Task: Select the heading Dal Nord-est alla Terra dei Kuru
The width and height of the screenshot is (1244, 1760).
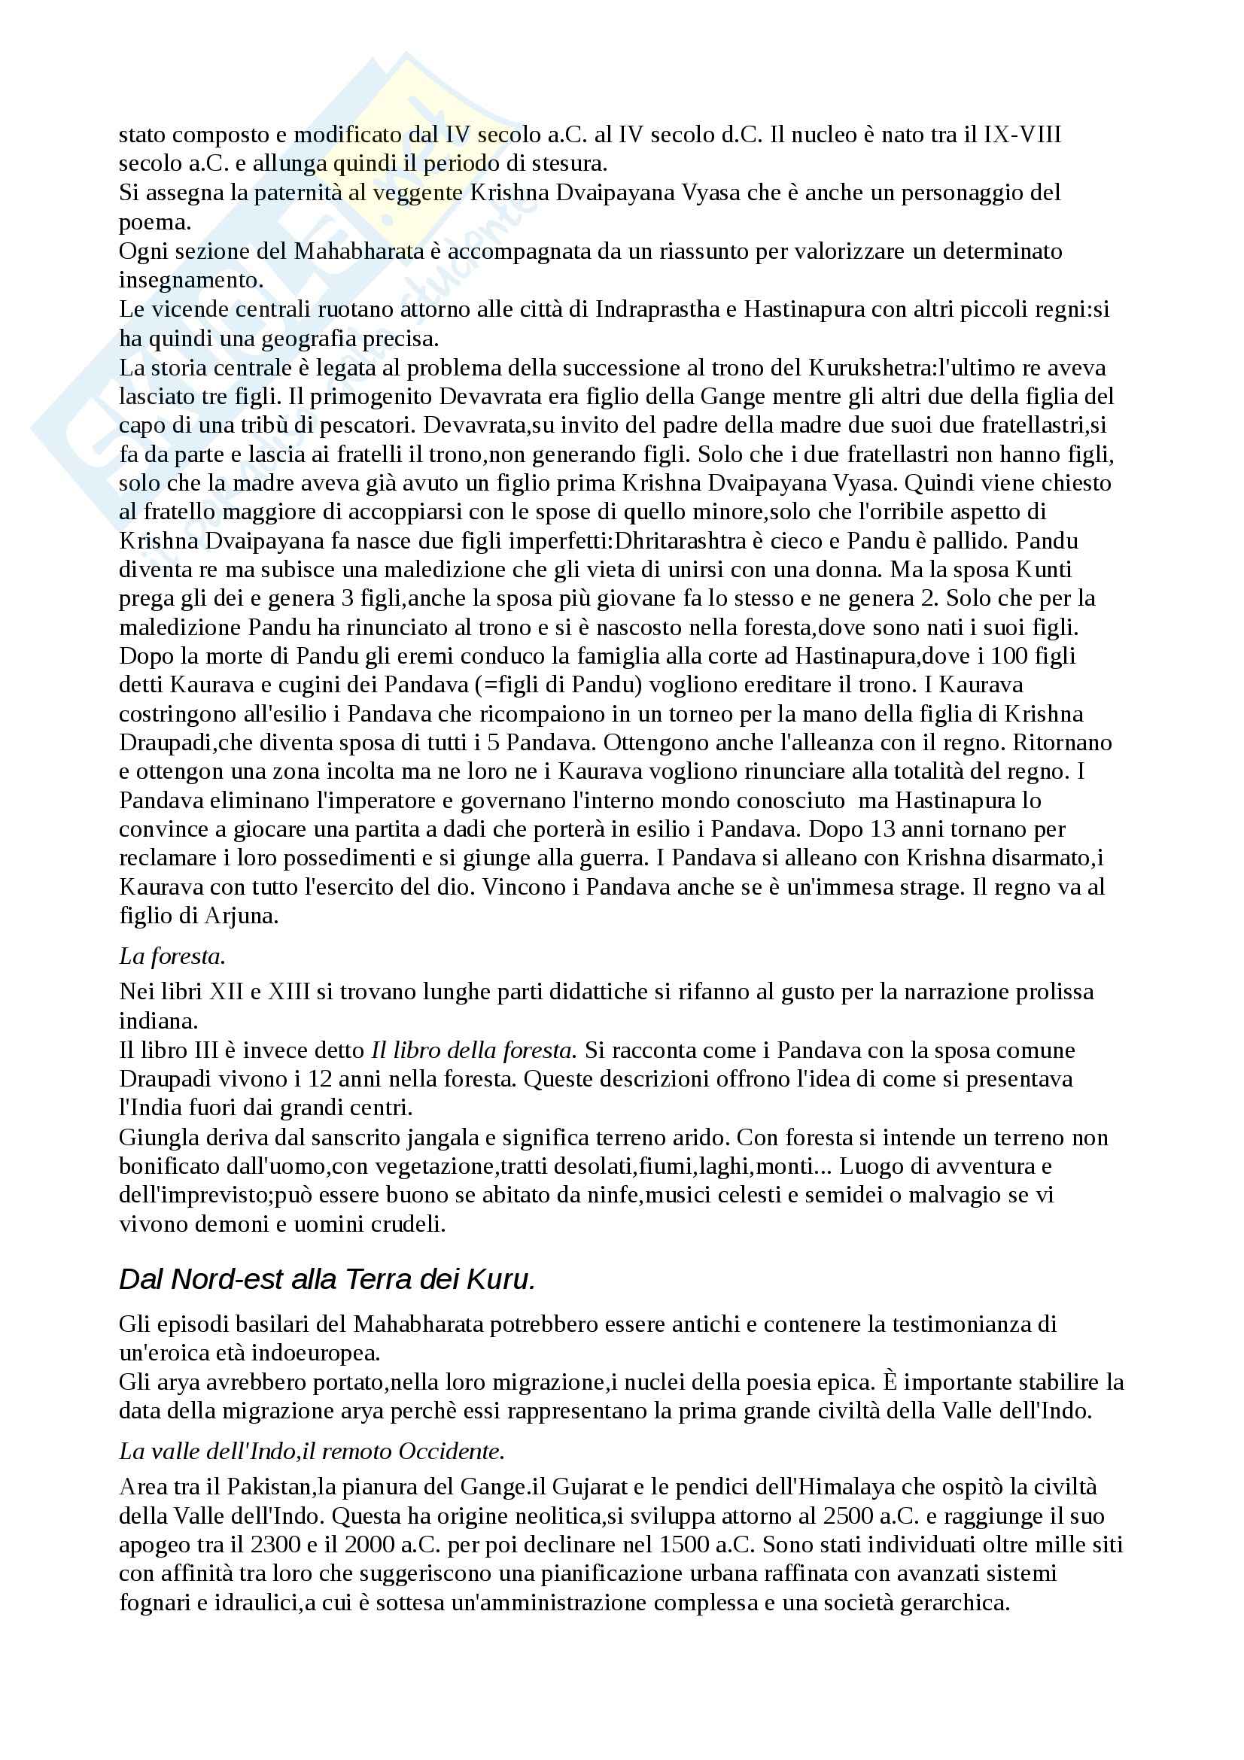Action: (x=327, y=1279)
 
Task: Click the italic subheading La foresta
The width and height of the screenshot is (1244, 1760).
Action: (x=172, y=956)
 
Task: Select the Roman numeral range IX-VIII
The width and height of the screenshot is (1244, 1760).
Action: (x=1023, y=135)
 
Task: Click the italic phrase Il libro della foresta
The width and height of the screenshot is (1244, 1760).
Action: (x=472, y=1050)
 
